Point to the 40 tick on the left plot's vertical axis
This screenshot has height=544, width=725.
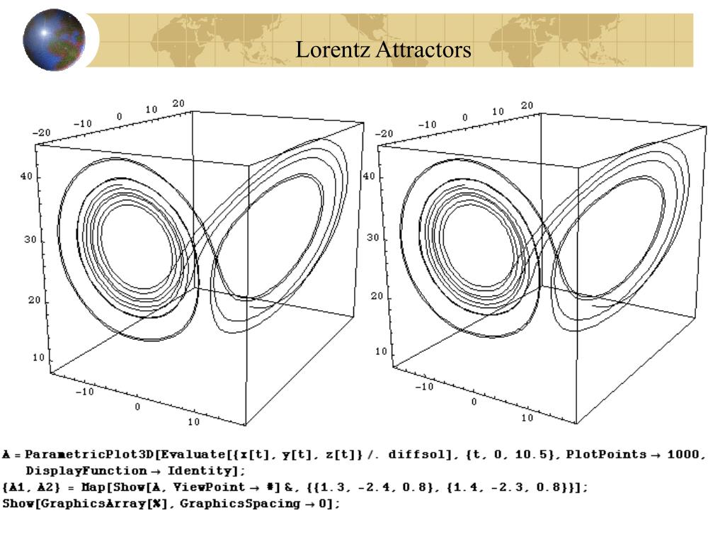[x=25, y=177]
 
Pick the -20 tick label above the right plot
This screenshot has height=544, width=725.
[x=385, y=133]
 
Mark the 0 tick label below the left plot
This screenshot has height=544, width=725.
[x=137, y=407]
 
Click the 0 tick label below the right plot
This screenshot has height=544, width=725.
[x=474, y=402]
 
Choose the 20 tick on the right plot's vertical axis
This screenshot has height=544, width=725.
[x=376, y=296]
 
